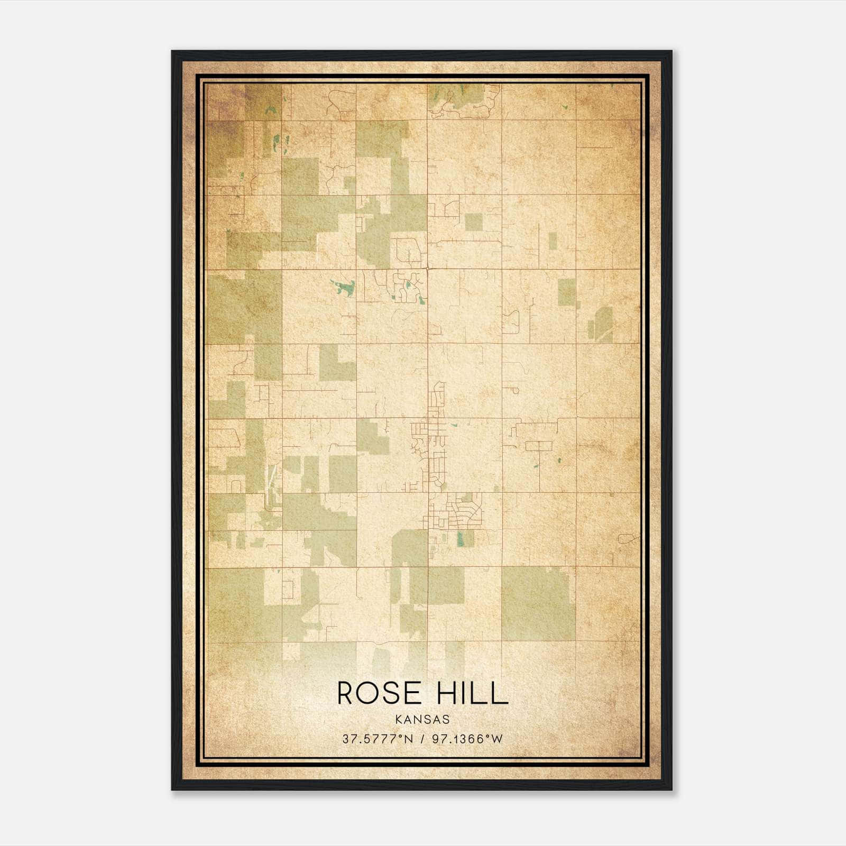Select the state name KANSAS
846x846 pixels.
(422, 720)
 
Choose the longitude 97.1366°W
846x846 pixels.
(467, 739)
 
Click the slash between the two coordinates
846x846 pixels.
(421, 739)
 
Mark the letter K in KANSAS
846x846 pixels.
(398, 720)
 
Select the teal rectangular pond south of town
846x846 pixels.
(461, 538)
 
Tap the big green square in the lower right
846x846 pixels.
(538, 603)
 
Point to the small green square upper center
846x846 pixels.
(474, 222)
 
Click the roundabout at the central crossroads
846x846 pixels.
(427, 269)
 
